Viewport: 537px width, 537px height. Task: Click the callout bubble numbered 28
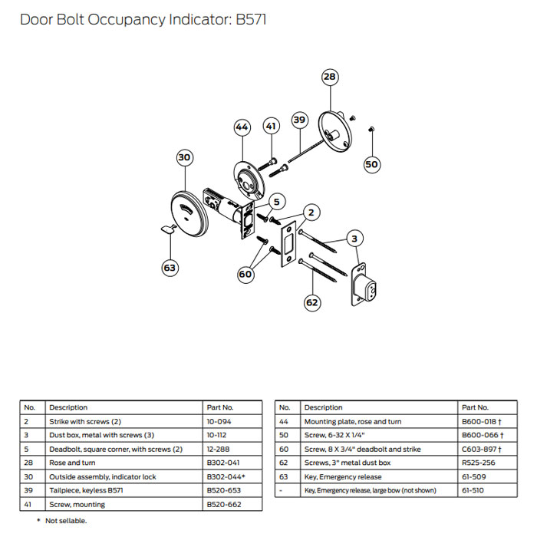[329, 77]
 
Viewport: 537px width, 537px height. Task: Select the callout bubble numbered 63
[170, 268]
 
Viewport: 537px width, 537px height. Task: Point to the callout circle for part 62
[311, 302]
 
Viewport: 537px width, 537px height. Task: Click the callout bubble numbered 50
[371, 163]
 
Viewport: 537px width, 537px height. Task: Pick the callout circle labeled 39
[299, 120]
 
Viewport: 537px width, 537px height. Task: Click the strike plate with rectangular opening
[290, 245]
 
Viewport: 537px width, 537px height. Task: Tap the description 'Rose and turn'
[71, 463]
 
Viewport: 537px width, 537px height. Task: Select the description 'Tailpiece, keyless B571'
[86, 491]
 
